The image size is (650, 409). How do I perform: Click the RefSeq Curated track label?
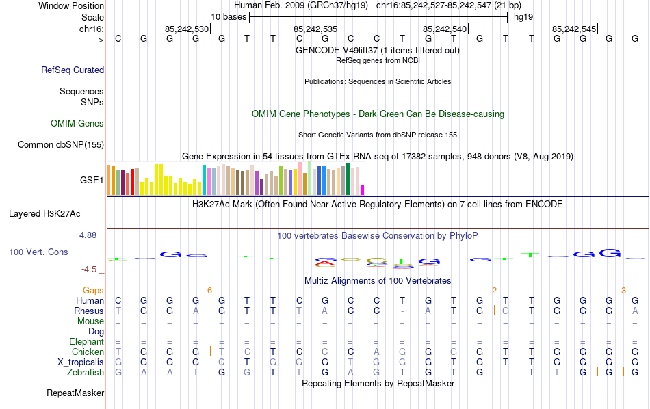pyautogui.click(x=73, y=70)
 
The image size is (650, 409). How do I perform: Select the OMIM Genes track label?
pyautogui.click(x=77, y=124)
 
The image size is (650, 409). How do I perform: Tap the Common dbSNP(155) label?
pyautogui.click(x=61, y=144)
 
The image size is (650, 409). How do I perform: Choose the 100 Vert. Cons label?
pyautogui.click(x=38, y=252)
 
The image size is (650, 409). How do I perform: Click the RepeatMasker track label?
pyautogui.click(x=75, y=393)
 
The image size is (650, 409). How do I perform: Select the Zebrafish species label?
pyautogui.click(x=86, y=373)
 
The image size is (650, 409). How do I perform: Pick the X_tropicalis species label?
pyautogui.click(x=81, y=362)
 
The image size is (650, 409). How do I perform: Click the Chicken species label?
pyautogui.click(x=88, y=352)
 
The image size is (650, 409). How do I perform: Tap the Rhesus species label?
pyautogui.click(x=89, y=311)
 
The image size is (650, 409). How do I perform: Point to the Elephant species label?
pyautogui.click(x=86, y=342)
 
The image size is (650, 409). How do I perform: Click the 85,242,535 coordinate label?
pyautogui.click(x=315, y=29)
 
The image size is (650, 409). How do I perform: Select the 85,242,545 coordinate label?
pyautogui.click(x=574, y=29)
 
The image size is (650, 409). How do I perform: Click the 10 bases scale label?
pyautogui.click(x=229, y=16)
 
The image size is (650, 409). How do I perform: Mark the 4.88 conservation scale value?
pyautogui.click(x=89, y=235)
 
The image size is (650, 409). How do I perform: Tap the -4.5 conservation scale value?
pyautogui.click(x=90, y=269)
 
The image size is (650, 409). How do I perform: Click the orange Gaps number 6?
pyautogui.click(x=209, y=291)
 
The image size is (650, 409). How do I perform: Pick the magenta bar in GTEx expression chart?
pyautogui.click(x=363, y=190)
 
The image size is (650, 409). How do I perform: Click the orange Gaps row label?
pyautogui.click(x=93, y=291)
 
